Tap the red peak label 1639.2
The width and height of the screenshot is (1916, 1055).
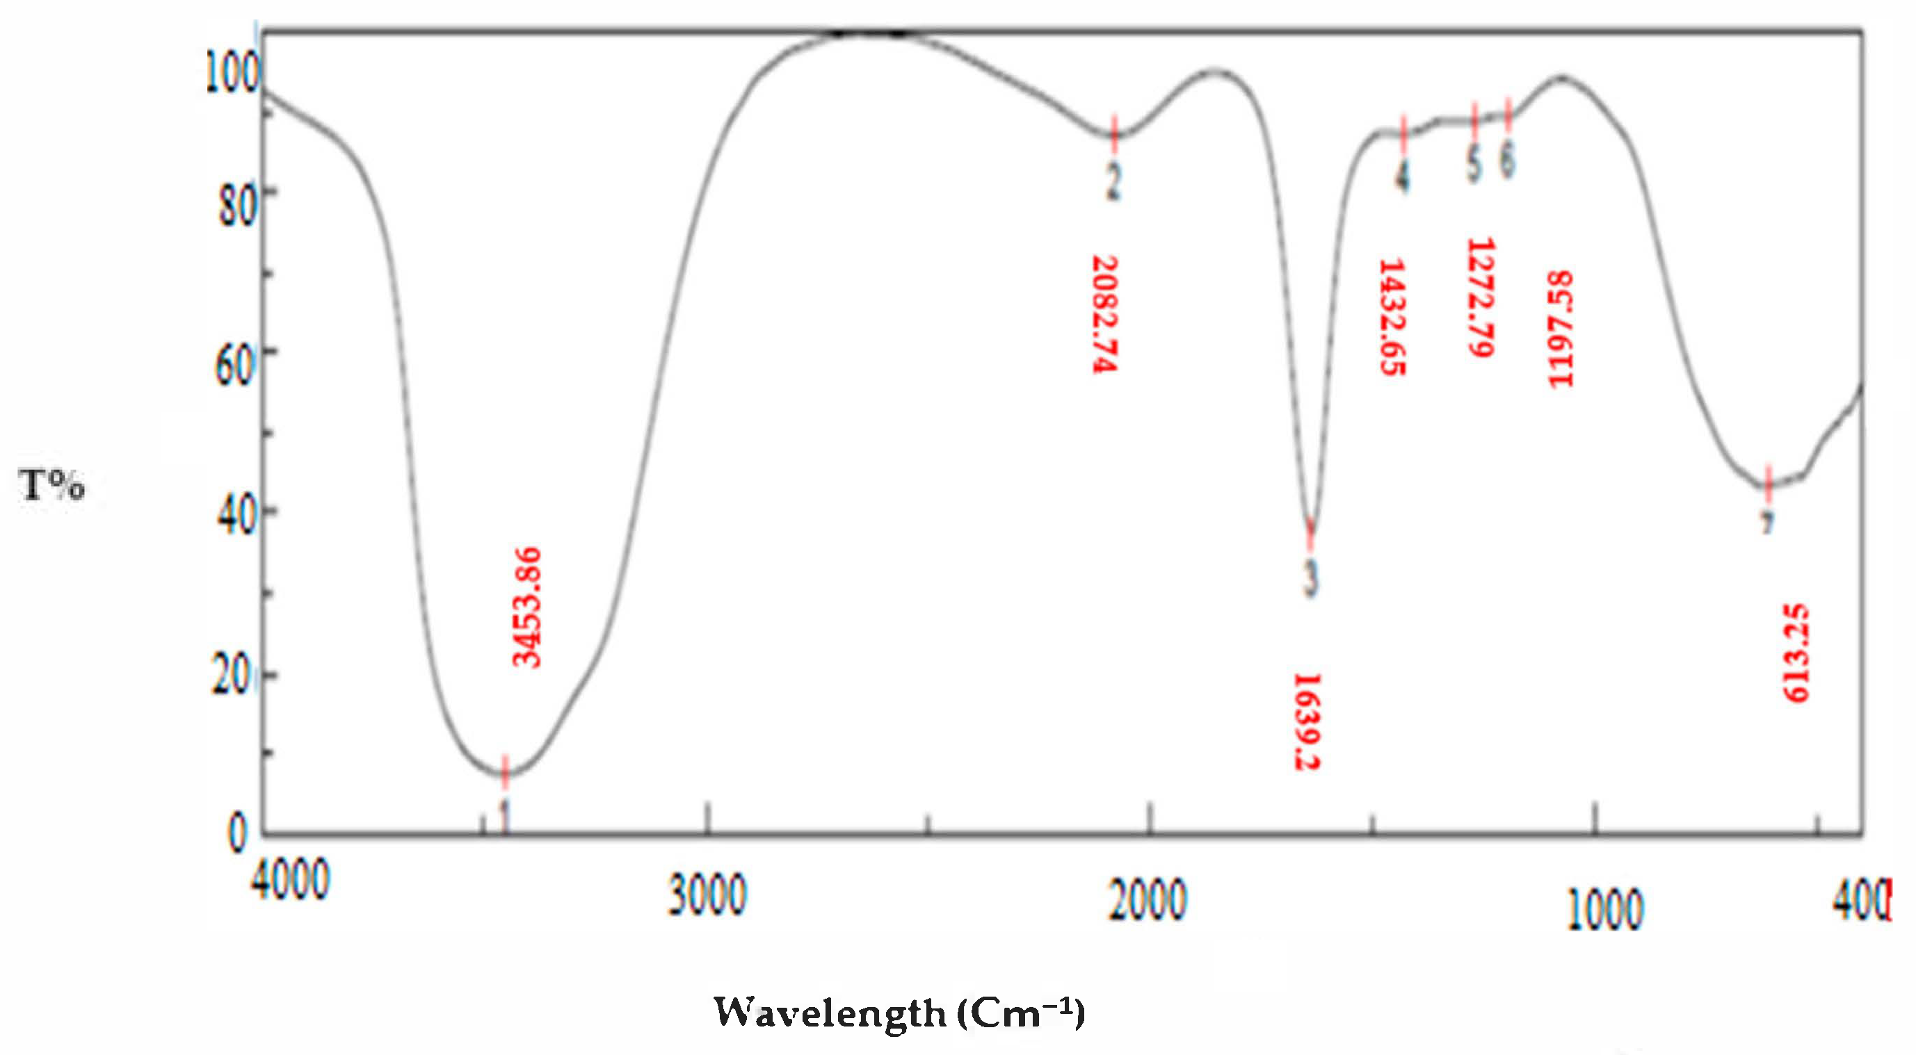(x=1307, y=721)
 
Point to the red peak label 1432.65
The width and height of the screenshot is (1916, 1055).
(x=1392, y=318)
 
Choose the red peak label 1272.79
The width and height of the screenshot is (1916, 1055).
(x=1480, y=297)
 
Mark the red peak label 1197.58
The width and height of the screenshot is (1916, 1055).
(x=1560, y=329)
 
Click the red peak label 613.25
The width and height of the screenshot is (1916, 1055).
(x=1796, y=653)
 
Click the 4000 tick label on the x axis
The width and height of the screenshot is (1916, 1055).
(x=290, y=881)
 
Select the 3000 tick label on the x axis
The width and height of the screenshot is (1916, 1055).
(x=707, y=895)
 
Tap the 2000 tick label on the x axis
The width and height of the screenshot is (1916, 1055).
(x=1148, y=900)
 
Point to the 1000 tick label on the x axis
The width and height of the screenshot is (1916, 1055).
(x=1605, y=910)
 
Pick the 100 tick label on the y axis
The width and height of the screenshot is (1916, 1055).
(x=232, y=73)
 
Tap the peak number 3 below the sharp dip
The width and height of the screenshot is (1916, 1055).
(x=1310, y=578)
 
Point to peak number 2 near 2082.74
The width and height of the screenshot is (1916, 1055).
(x=1113, y=180)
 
